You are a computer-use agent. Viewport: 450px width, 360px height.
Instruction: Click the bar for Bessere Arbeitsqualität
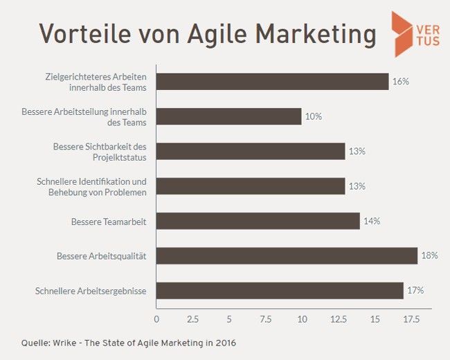pos(287,255)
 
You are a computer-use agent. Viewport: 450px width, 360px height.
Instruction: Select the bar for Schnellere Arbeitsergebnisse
pos(280,290)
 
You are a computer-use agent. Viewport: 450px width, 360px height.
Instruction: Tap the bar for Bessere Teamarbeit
pos(258,221)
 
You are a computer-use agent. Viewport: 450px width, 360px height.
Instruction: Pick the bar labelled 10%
pos(228,116)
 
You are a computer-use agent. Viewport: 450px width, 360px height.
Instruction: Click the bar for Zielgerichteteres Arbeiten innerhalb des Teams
pos(272,81)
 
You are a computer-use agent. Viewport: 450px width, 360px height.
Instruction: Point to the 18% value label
pos(429,255)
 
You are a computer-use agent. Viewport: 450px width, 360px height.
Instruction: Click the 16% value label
pos(401,81)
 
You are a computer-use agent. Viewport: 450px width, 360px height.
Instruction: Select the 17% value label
pos(415,290)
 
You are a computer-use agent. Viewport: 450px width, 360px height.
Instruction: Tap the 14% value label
pos(372,221)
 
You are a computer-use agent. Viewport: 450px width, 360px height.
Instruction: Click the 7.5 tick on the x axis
pos(266,320)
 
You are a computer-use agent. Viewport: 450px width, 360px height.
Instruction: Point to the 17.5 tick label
pos(411,320)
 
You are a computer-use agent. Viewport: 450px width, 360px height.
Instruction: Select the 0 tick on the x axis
pos(156,320)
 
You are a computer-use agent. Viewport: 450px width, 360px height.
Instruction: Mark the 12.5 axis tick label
pos(339,320)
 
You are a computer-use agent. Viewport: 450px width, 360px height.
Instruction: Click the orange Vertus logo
pos(411,33)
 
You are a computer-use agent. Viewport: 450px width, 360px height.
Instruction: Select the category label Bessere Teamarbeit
pos(108,221)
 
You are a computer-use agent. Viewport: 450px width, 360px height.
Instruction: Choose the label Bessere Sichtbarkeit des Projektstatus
pos(100,151)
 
